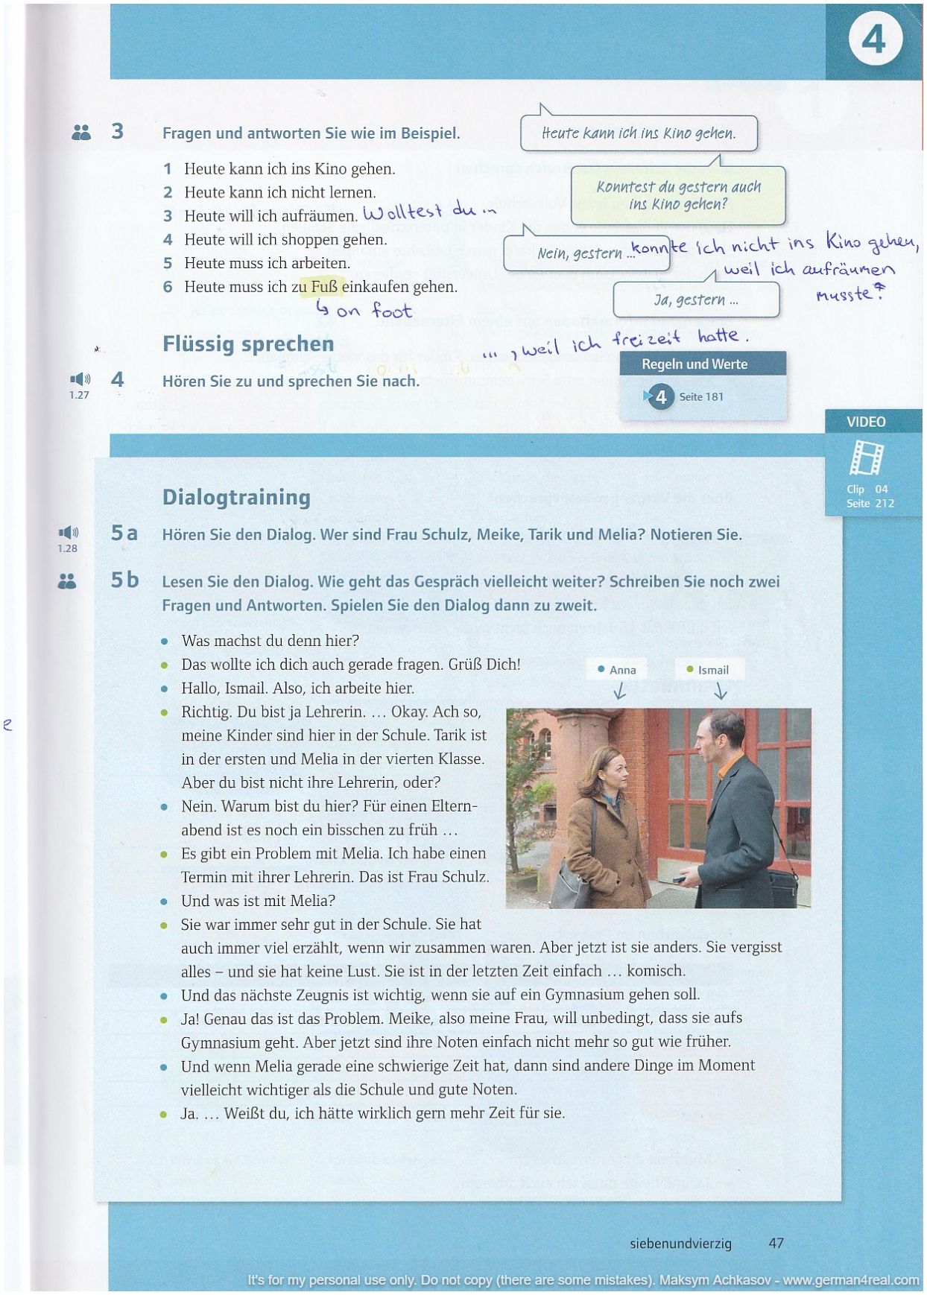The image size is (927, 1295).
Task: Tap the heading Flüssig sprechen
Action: (248, 344)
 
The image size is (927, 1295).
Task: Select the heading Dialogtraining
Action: (236, 497)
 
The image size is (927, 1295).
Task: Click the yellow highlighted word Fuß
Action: (324, 287)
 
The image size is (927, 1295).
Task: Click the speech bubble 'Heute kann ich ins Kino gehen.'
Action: (639, 133)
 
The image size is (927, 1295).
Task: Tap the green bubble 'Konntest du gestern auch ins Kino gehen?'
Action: (678, 195)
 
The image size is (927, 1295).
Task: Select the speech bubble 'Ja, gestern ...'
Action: (696, 300)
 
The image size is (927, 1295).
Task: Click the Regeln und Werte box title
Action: (695, 364)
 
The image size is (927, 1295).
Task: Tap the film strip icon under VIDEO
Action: (867, 457)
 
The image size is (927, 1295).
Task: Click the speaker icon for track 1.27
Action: (80, 380)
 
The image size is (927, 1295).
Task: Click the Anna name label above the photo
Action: (617, 670)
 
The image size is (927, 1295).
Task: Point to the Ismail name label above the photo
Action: (708, 670)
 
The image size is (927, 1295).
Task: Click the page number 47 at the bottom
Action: (776, 1243)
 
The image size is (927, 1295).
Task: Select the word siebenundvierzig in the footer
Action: (680, 1244)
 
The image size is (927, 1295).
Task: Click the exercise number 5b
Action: (124, 580)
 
